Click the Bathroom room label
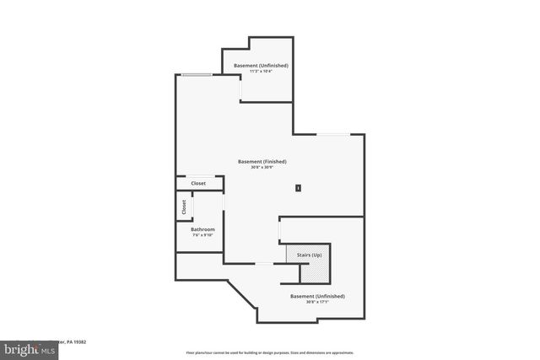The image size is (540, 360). point(202,229)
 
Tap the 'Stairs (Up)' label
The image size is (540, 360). point(305,254)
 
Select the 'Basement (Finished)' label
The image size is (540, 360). point(262,161)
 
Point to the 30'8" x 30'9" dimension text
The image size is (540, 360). point(262,167)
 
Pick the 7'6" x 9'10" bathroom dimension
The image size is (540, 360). point(202,235)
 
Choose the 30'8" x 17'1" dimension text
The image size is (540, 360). point(317,302)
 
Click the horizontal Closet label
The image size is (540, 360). point(198,183)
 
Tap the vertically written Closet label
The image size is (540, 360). point(184,207)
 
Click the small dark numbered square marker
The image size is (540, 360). point(298,188)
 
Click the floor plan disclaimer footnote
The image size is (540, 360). point(269,353)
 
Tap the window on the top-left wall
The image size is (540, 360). point(197,76)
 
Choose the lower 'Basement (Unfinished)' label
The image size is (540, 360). point(317,296)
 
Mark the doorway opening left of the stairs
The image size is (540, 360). point(265,264)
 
